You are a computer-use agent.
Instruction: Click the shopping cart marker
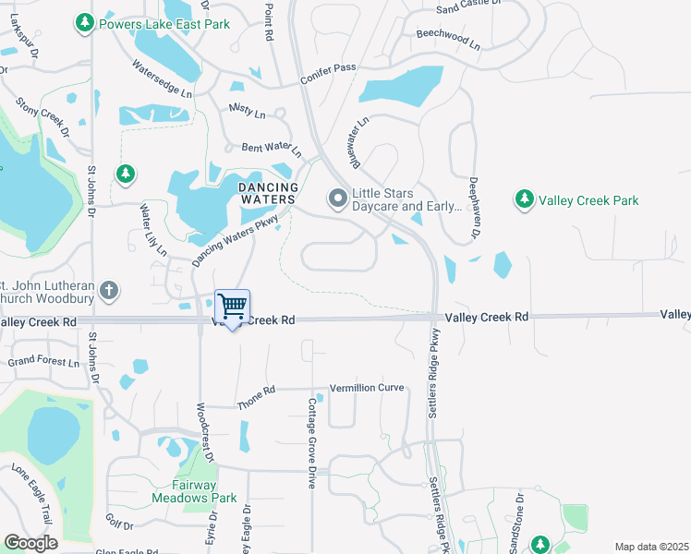click(x=232, y=307)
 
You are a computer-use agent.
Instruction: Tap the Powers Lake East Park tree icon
click(x=85, y=21)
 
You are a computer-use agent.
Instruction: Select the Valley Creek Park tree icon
click(x=525, y=199)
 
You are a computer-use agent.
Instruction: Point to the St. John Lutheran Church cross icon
click(x=109, y=291)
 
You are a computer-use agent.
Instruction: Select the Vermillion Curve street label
click(x=367, y=388)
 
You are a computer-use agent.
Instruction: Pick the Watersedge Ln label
click(x=162, y=79)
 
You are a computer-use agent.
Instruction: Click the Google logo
click(x=30, y=542)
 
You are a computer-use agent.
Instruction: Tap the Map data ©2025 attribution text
click(x=651, y=547)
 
